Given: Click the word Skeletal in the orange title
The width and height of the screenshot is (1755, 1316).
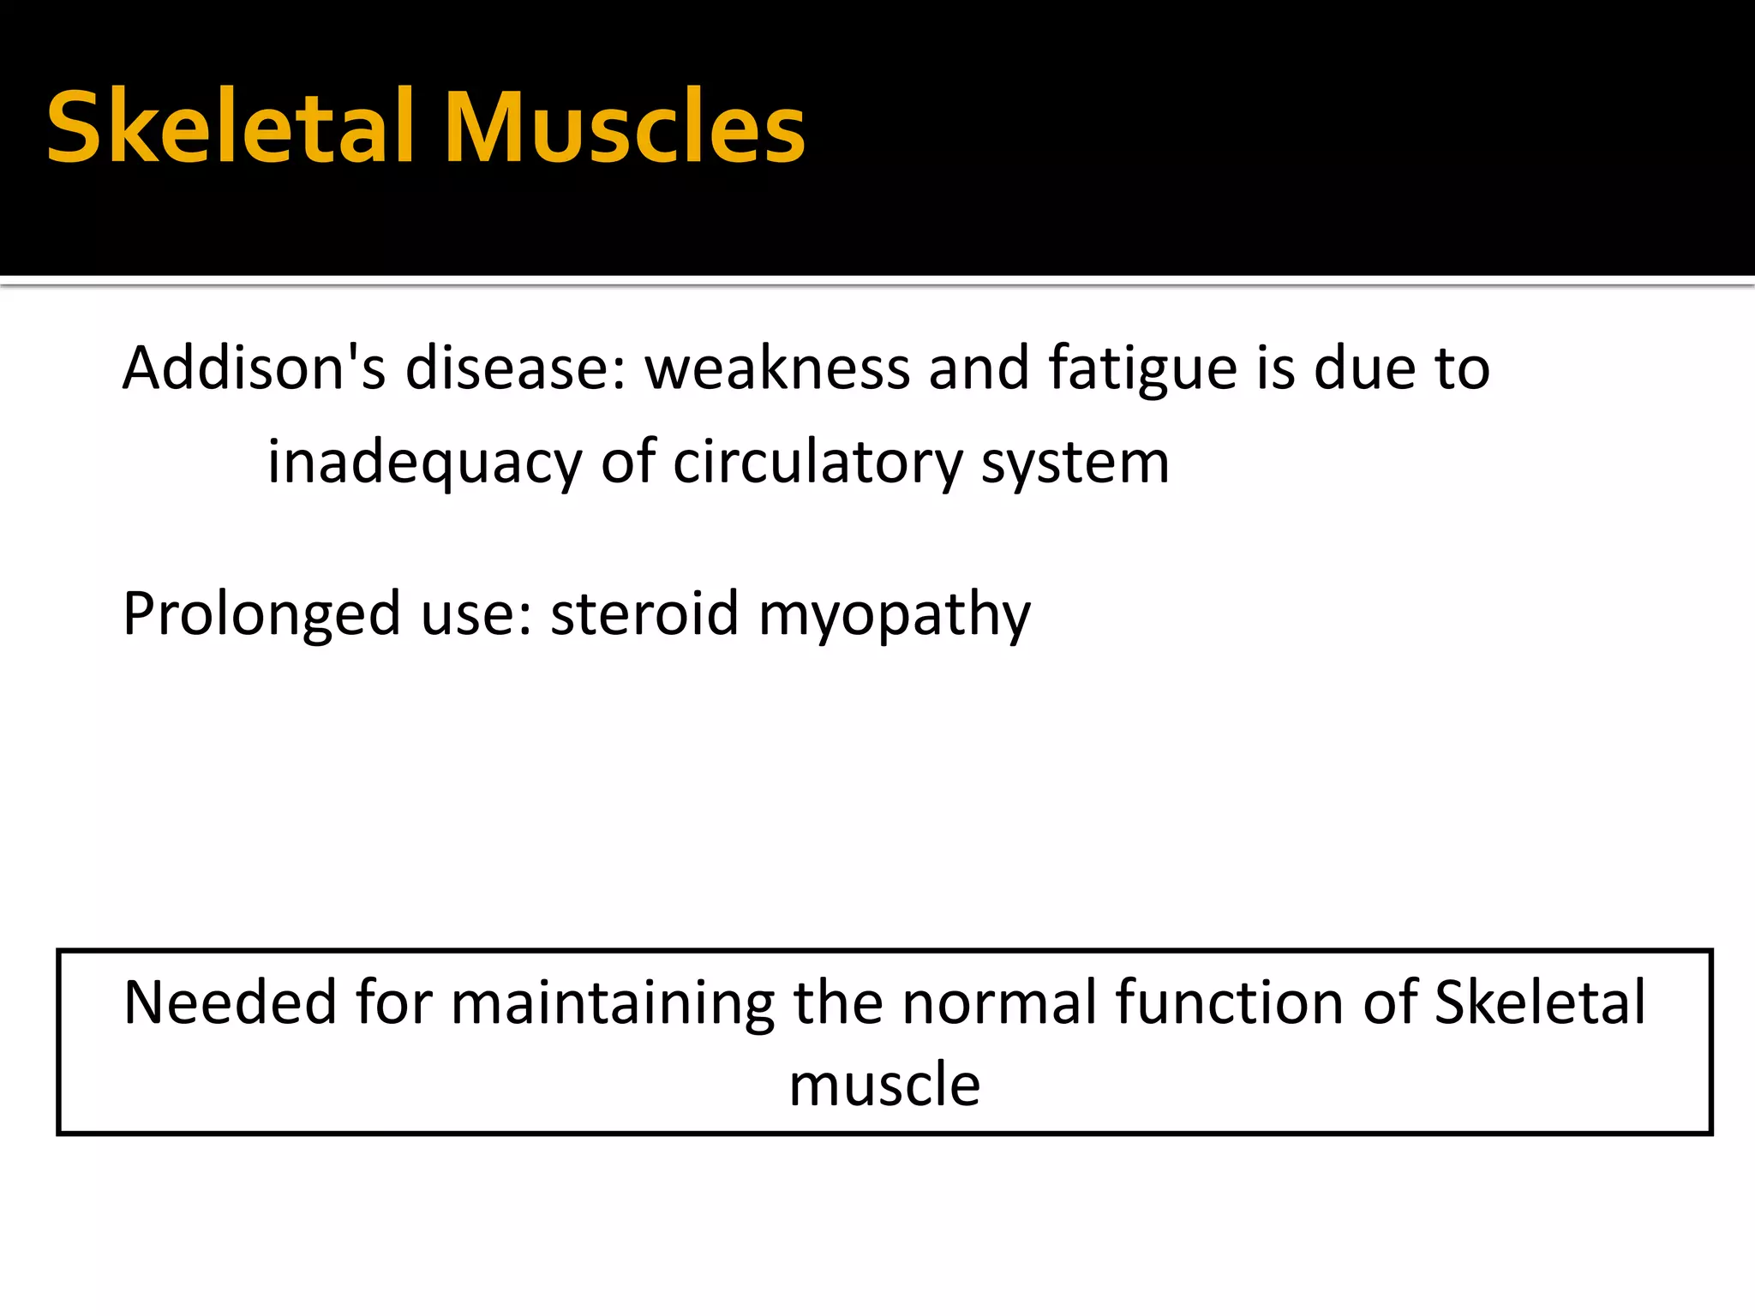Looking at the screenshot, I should coord(231,129).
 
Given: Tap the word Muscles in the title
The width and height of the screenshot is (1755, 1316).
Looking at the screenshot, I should coord(625,129).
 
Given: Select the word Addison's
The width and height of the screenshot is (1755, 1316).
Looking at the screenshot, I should coord(254,368).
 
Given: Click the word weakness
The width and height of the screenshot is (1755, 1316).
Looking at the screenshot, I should coord(777,368).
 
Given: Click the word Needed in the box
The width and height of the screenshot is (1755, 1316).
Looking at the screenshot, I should coord(230,1002).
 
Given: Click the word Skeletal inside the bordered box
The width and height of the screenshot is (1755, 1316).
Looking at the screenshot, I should coord(1539,1002).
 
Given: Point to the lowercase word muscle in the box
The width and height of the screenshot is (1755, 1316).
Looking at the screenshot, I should coord(884,1085).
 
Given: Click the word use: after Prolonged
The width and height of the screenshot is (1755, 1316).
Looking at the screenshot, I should coord(476,615).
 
